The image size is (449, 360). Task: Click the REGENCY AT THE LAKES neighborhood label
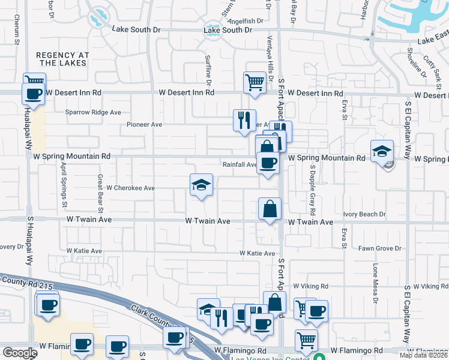(x=62, y=59)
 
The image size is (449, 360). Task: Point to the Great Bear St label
(x=101, y=194)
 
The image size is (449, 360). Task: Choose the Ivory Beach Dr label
(x=364, y=214)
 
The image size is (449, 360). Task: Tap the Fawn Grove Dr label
(x=379, y=248)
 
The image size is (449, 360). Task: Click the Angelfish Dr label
(x=246, y=21)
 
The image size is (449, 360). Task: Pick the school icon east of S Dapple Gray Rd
(x=382, y=151)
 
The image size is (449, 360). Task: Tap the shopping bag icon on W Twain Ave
(x=270, y=209)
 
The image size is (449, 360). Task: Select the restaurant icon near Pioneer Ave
(x=244, y=120)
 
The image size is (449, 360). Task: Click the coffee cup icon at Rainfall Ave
(x=268, y=162)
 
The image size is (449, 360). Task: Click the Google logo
(x=20, y=353)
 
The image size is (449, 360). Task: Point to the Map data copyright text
(x=423, y=355)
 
